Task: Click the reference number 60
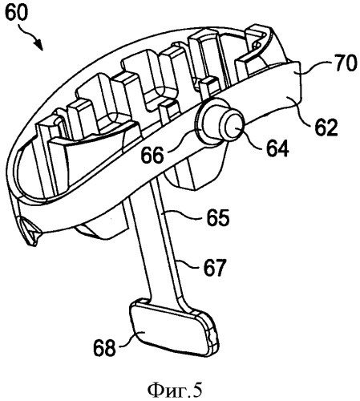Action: (17, 13)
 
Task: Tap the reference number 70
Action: (345, 63)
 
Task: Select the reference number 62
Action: (326, 128)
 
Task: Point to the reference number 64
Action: (277, 148)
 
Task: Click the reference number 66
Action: (152, 155)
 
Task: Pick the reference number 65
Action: (218, 218)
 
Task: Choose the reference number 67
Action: (215, 269)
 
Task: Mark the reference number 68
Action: (104, 348)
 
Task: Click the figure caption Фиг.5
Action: (176, 391)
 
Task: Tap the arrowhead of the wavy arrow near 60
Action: (38, 45)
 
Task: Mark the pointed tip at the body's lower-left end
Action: (34, 243)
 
